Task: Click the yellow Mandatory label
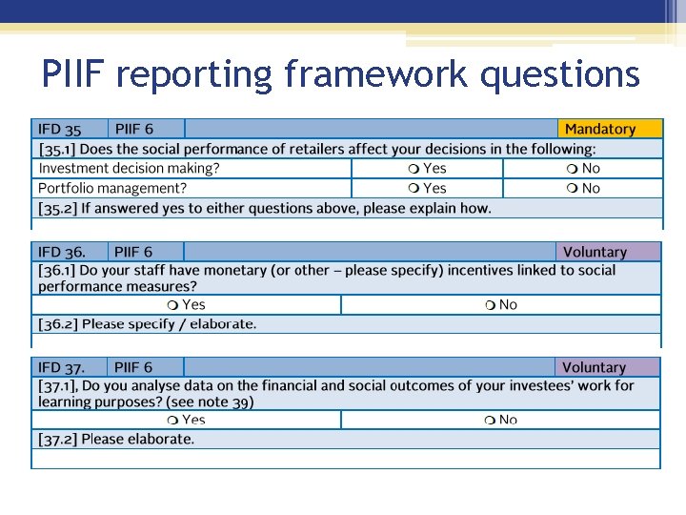coord(599,129)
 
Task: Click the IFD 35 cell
coord(60,129)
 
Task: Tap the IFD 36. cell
coord(62,253)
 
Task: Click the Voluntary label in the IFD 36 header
coord(595,253)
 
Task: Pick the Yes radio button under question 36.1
coord(171,305)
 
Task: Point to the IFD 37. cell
coord(62,367)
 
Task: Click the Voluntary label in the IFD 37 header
coord(594,367)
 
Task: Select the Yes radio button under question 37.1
coord(171,421)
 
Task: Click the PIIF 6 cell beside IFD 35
coord(133,129)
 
